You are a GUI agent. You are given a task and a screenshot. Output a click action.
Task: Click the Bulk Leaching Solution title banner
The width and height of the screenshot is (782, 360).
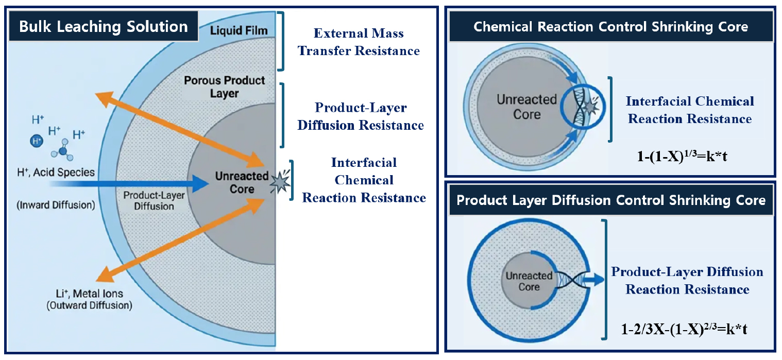[104, 26]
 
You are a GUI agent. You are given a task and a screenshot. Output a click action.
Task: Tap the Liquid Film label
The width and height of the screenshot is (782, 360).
[239, 30]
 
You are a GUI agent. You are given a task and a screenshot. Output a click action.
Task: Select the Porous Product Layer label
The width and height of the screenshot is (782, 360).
[225, 87]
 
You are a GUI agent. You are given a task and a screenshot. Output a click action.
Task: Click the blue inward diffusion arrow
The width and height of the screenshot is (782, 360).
[129, 183]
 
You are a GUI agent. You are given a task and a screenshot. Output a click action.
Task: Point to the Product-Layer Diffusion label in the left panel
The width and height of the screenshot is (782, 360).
[154, 200]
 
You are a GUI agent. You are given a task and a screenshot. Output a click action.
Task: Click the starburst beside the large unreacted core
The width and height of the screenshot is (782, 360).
[280, 181]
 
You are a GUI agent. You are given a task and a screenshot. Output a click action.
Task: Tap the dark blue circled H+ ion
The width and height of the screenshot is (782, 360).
[36, 141]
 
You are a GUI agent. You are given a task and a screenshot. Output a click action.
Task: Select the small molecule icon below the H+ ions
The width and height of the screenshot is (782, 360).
[63, 150]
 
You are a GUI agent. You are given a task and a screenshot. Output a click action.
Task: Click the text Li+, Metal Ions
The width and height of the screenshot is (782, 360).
[89, 294]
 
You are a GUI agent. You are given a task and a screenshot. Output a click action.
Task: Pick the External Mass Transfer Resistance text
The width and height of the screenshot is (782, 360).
[359, 42]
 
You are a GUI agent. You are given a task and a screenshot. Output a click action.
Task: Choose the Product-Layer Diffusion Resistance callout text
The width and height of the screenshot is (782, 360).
[361, 116]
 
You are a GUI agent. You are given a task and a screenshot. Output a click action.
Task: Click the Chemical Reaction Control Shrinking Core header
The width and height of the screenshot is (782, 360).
[610, 27]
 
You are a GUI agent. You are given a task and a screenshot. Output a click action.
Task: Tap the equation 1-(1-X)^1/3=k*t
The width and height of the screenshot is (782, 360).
[682, 156]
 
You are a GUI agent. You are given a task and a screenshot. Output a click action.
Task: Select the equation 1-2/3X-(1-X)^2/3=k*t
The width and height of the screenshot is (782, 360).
[684, 329]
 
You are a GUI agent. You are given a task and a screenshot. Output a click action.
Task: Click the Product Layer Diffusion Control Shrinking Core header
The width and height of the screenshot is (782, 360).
[611, 200]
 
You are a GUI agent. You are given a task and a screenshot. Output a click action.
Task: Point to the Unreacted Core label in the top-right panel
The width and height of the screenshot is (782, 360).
[527, 107]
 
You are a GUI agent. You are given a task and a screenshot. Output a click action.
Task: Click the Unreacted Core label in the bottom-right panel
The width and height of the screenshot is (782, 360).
[529, 281]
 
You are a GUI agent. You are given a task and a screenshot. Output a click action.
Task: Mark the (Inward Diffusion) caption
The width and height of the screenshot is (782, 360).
[56, 204]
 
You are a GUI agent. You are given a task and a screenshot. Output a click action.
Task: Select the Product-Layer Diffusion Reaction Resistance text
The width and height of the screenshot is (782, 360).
[687, 280]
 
